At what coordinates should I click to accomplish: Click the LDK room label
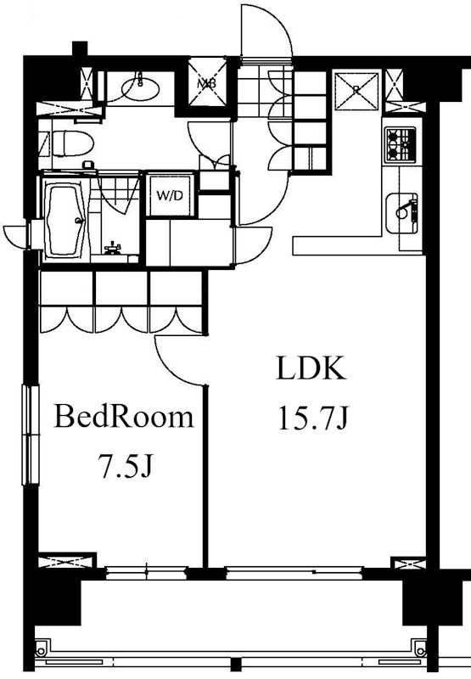(311, 368)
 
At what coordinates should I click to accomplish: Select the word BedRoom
(123, 416)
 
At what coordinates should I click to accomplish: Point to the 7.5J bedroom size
(125, 465)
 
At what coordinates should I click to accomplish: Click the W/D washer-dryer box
(170, 195)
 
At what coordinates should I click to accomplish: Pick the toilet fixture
(71, 143)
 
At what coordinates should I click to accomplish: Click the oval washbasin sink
(140, 89)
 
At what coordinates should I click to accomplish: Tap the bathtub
(65, 220)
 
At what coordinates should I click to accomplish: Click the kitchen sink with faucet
(401, 213)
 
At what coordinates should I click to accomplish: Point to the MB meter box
(207, 82)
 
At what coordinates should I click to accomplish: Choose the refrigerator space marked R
(356, 91)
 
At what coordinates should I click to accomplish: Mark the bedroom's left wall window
(31, 435)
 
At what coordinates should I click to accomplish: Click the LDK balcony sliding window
(294, 572)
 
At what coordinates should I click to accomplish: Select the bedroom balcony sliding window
(146, 572)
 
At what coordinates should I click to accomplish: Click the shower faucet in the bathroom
(113, 248)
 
